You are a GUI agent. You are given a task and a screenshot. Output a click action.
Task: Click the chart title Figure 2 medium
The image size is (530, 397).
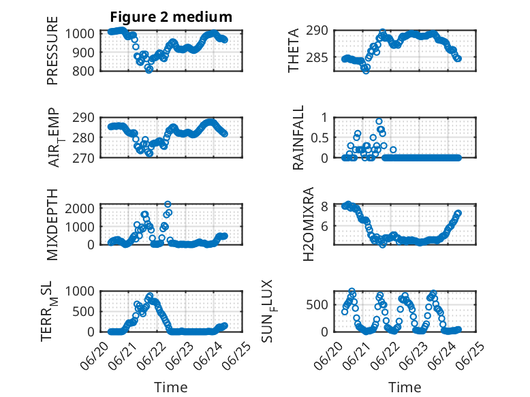pyautogui.click(x=171, y=17)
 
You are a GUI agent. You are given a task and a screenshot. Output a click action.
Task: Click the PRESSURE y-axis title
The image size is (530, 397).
pyautogui.click(x=52, y=50)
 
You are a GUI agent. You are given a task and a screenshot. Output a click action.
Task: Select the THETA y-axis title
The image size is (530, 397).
pyautogui.click(x=294, y=50)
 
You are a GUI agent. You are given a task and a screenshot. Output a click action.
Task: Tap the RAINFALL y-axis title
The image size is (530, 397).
pyautogui.click(x=298, y=138)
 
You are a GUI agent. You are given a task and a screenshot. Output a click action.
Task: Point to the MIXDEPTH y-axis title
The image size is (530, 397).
pyautogui.click(x=52, y=225)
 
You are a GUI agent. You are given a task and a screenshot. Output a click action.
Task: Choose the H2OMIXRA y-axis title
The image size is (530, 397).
pyautogui.click(x=309, y=224)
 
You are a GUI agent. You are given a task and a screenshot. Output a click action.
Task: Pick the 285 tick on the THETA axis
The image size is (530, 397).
pyautogui.click(x=317, y=58)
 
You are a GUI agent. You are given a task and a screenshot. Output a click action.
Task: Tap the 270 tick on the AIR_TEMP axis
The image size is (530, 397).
pyautogui.click(x=83, y=158)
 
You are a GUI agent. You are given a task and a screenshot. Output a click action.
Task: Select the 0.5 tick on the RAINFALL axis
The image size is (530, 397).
pyautogui.click(x=319, y=138)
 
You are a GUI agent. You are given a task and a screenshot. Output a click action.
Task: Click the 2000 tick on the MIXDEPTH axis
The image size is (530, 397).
pyautogui.click(x=80, y=208)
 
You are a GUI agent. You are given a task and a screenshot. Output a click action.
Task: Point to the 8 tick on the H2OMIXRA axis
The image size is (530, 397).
pyautogui.click(x=324, y=206)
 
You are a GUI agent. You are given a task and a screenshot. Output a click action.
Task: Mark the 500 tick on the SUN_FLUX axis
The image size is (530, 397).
pyautogui.click(x=317, y=305)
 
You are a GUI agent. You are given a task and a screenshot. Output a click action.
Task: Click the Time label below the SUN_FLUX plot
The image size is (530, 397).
pyautogui.click(x=405, y=387)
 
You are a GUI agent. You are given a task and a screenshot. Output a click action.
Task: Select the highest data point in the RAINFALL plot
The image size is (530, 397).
pyautogui.click(x=379, y=122)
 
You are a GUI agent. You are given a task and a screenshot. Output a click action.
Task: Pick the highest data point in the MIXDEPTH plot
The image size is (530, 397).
pyautogui.click(x=168, y=204)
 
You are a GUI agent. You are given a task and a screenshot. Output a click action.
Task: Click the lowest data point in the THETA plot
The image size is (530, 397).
pyautogui.click(x=366, y=71)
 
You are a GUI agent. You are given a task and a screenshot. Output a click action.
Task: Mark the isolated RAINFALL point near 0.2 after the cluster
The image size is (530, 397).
pyautogui.click(x=393, y=150)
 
